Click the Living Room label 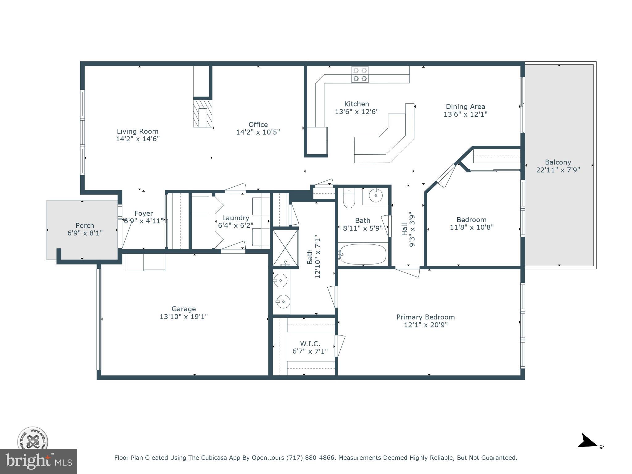137,131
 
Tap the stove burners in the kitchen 360,75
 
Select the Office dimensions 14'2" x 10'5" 258,132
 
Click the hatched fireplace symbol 203,113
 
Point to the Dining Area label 465,107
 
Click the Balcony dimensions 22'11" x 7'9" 558,170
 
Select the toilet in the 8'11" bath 349,198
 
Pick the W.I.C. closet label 310,343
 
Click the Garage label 184,309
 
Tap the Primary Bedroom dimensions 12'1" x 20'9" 426,325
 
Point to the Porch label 85,226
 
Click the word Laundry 235,218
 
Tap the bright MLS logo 38,461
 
